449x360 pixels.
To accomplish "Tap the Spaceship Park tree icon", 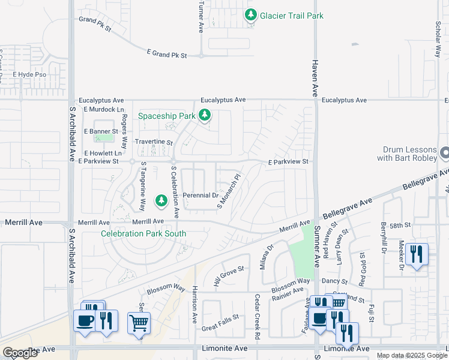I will [205, 115].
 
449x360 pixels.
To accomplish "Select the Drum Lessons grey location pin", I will [444, 154].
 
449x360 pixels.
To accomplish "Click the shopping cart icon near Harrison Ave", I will [139, 324].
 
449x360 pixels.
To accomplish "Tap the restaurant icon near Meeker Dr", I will [416, 254].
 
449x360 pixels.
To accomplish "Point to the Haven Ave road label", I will [314, 79].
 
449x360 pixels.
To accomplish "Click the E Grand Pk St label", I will [167, 55].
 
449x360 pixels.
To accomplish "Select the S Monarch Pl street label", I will [229, 192].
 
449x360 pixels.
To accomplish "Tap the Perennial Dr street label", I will [200, 196].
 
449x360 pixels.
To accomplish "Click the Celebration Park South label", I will [143, 233].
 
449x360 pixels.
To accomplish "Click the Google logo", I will [20, 352].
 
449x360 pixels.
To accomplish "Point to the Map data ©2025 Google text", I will [411, 355].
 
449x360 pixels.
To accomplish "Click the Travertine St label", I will [154, 143].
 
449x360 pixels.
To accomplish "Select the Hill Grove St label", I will [229, 275].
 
